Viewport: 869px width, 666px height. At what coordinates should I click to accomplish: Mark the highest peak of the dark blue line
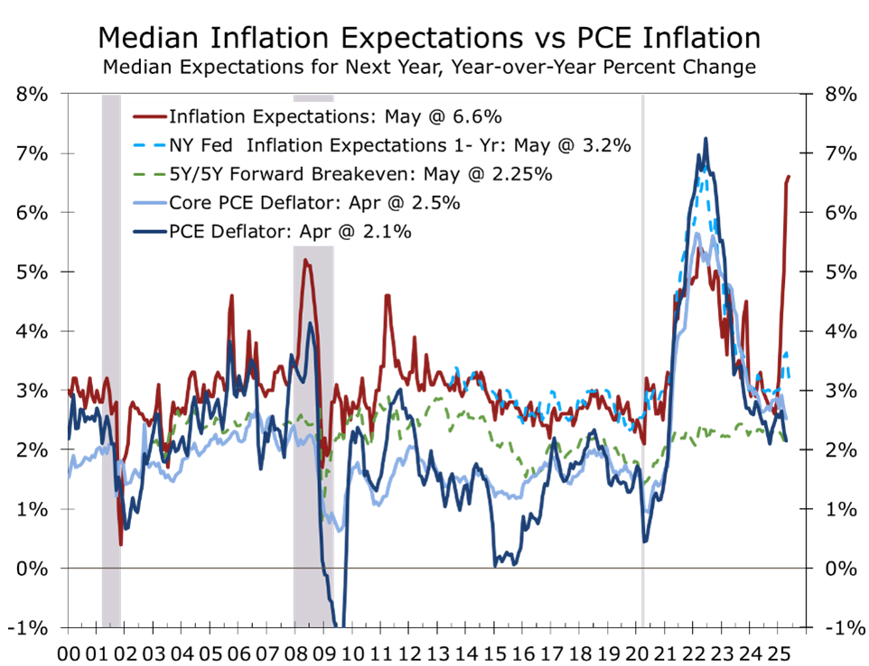(705, 139)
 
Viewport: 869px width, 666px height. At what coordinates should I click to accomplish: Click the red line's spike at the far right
(790, 177)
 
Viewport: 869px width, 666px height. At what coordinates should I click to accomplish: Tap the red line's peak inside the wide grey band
(305, 261)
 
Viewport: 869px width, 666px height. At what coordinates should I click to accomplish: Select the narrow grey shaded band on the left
(110, 361)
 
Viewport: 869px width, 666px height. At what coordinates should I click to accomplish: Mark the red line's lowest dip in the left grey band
(121, 544)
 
